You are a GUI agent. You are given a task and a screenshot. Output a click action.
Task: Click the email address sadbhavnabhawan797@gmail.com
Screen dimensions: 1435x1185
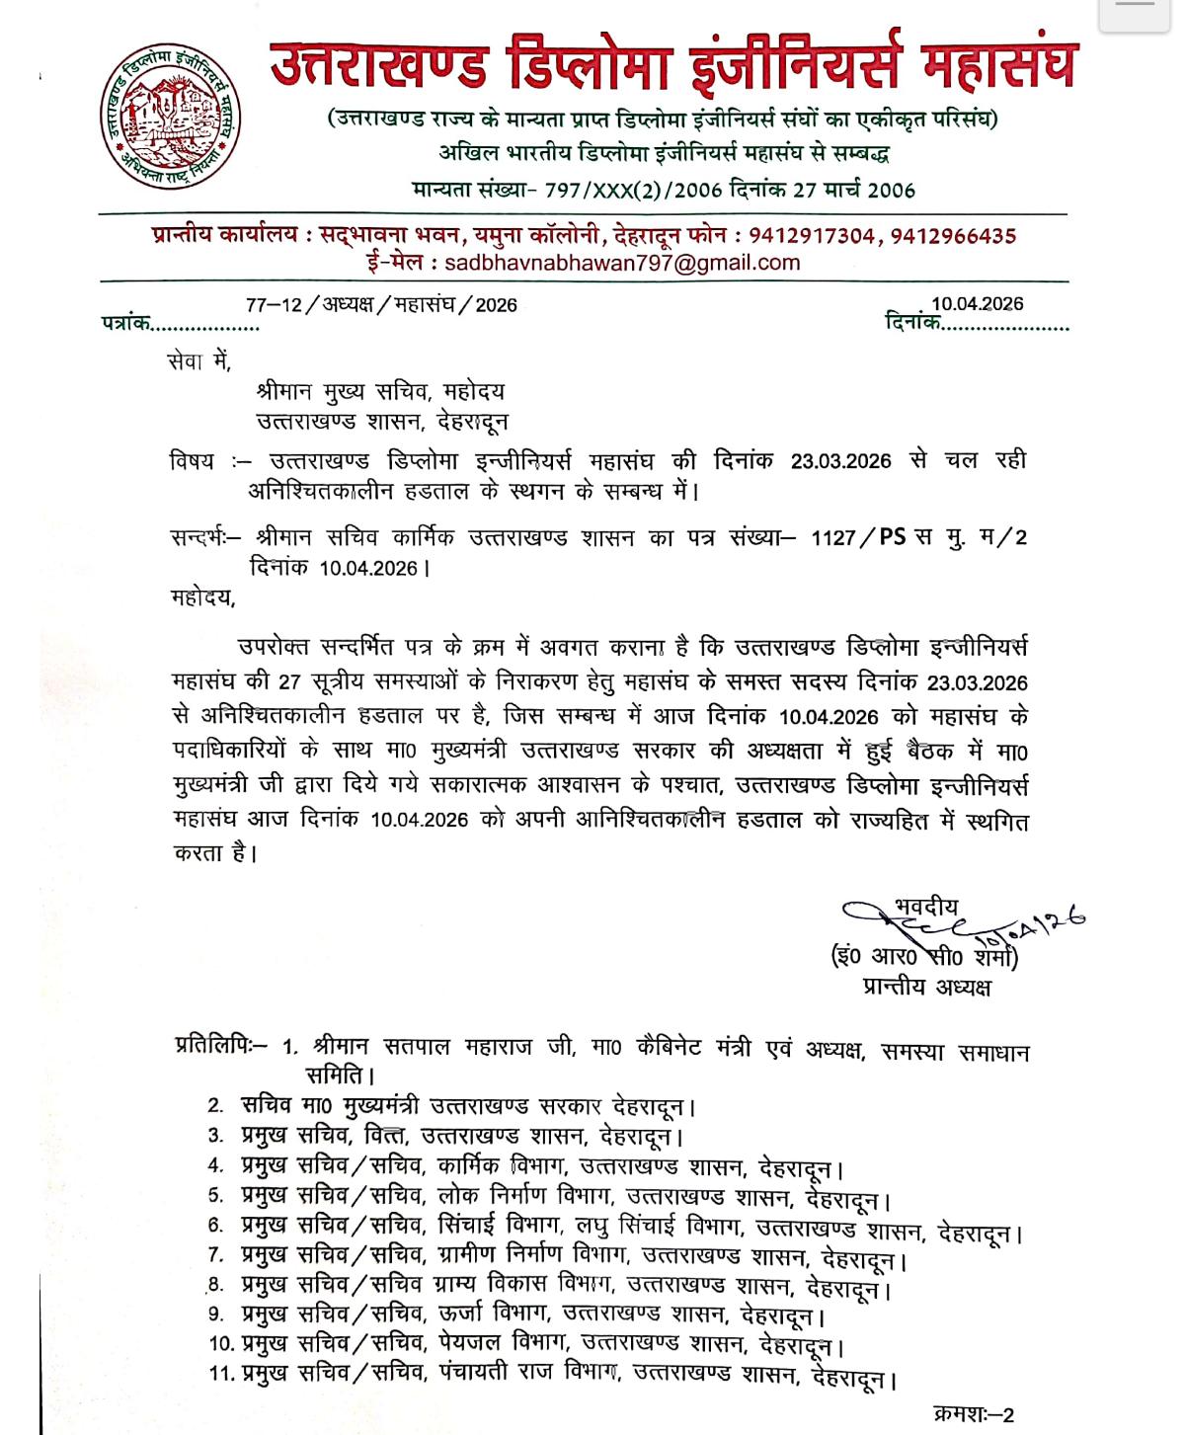tap(622, 264)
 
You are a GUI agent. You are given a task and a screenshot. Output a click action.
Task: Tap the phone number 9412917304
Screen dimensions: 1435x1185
tap(812, 236)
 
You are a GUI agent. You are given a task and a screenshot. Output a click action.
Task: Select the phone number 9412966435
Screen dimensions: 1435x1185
tap(953, 236)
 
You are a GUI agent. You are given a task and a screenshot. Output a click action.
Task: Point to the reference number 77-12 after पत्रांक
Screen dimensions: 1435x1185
tap(274, 305)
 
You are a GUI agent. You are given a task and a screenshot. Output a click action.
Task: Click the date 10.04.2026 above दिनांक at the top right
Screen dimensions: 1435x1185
tap(977, 304)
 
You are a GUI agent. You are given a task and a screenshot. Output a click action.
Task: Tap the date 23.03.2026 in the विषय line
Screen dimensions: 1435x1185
tap(840, 461)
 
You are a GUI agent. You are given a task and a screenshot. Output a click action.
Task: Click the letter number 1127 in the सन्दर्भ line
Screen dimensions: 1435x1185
tap(831, 538)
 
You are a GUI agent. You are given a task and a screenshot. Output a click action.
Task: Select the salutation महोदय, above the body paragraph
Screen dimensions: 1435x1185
tap(203, 598)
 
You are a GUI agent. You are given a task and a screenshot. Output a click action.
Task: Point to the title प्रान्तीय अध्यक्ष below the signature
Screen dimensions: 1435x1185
tap(926, 987)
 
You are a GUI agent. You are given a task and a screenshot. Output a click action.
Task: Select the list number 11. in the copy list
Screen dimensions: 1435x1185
tap(221, 1373)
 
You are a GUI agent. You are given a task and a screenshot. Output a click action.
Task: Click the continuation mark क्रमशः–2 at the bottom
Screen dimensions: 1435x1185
tap(974, 1414)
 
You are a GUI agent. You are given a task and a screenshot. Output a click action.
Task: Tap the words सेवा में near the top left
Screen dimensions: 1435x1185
tap(199, 362)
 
